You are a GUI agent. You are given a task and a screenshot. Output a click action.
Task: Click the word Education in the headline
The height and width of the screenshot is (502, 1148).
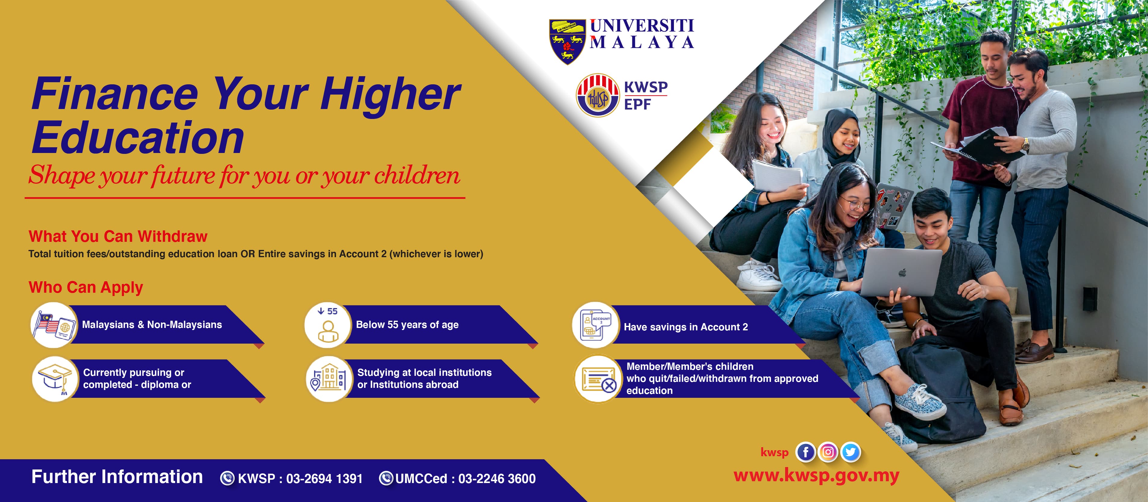point(138,138)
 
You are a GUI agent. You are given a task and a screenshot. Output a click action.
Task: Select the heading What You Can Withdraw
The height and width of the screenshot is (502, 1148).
point(118,236)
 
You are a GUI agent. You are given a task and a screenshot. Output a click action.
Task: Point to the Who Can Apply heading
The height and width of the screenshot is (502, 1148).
point(86,287)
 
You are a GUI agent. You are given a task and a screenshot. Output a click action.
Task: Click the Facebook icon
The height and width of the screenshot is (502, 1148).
point(805,452)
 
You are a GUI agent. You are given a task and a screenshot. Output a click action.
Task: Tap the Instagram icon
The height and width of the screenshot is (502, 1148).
point(828,452)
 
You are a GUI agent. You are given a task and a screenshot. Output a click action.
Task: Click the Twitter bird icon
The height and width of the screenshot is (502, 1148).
point(850,452)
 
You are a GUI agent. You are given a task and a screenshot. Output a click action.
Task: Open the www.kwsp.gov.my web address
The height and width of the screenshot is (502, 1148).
point(816,476)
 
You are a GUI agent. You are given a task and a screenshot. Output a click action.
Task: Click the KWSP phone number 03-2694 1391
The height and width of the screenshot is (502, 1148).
point(324,479)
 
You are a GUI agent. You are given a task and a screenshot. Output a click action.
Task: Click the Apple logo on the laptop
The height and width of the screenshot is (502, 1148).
point(902,272)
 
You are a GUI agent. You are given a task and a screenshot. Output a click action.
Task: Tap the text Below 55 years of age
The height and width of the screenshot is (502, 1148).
point(407,325)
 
